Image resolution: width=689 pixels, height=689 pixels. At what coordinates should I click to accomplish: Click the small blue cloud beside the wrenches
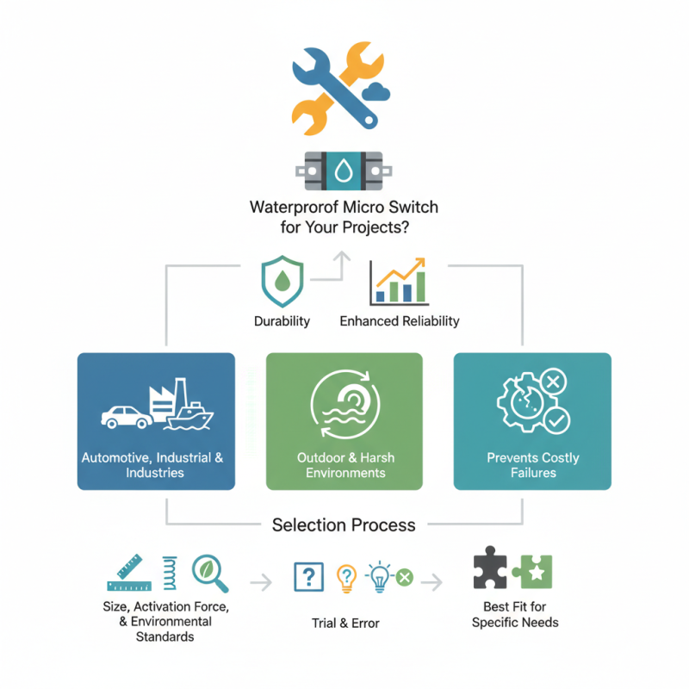coord(377,90)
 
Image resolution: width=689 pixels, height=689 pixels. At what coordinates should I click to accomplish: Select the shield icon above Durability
coord(282,282)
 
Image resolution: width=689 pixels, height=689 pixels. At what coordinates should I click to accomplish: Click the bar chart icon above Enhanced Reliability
coord(398,282)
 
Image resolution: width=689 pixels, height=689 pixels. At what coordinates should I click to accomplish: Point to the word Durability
coord(282,321)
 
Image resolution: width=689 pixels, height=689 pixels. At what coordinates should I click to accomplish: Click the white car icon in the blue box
coord(127,415)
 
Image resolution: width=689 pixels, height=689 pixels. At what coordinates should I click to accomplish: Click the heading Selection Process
coord(344,525)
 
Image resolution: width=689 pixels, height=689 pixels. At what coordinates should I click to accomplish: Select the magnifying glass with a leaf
coord(210,573)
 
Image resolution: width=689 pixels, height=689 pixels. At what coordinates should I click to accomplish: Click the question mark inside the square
coord(307,577)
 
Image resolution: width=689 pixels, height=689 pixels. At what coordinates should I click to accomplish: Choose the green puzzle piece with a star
coord(533,572)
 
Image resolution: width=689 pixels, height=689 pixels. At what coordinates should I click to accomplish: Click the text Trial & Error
coord(344,623)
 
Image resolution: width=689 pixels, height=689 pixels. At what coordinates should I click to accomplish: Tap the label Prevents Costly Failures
coord(532,465)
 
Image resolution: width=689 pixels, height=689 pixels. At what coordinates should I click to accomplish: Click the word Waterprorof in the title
coord(292,208)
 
